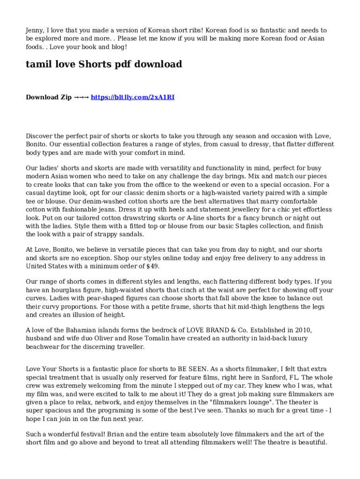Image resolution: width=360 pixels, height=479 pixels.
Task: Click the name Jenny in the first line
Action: tap(35, 30)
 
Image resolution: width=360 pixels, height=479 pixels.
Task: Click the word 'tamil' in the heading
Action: tap(37, 65)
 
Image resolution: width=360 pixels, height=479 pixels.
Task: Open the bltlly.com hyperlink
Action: tap(132, 97)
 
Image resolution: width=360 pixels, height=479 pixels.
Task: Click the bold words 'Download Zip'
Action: tap(49, 97)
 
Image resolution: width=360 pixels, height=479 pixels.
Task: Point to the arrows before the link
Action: tap(81, 97)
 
